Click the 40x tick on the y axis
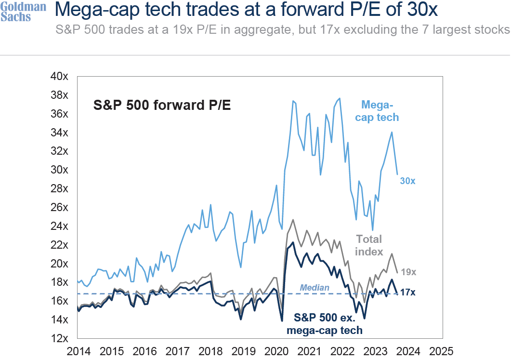click(59, 76)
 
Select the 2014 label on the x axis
click(79, 351)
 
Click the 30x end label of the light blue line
click(407, 181)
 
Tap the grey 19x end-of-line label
click(408, 272)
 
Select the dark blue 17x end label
click(407, 293)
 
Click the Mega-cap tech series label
click(380, 110)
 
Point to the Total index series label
click(369, 245)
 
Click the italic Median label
click(314, 288)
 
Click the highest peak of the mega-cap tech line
click(340, 98)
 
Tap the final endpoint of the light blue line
click(397, 174)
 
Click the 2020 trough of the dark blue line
click(282, 320)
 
